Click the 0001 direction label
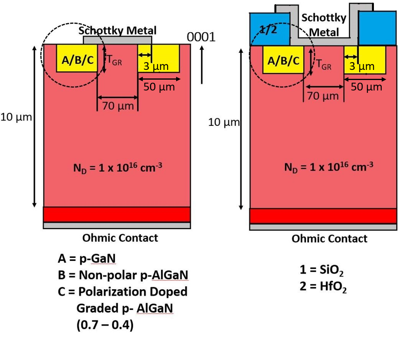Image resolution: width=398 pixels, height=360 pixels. coord(201,37)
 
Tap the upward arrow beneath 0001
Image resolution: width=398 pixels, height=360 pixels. coord(202,65)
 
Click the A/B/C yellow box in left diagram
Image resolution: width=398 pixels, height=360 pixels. coord(77,58)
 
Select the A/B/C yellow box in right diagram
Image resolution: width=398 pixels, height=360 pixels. coord(283,60)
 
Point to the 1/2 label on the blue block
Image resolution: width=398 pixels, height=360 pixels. coord(268,30)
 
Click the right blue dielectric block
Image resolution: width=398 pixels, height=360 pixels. coord(377,28)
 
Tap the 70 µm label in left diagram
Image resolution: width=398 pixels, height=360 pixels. coord(118,106)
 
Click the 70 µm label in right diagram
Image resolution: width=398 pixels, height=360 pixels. coord(323,96)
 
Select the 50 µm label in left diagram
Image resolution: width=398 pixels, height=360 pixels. coord(159,87)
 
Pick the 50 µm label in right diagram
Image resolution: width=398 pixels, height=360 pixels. coord(367,87)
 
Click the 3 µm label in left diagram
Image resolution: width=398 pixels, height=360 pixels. coord(156,66)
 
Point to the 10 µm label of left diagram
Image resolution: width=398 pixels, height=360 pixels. coord(16,117)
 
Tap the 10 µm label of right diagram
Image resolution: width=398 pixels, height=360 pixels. coord(224,122)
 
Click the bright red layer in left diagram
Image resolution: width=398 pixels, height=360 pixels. coord(117,215)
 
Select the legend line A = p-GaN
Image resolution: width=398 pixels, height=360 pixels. coord(87,259)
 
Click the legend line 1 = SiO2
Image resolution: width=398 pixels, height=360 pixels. coord(321,270)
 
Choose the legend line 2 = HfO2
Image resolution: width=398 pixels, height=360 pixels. coord(323,287)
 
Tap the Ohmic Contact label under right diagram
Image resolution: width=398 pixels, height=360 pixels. coord(329,239)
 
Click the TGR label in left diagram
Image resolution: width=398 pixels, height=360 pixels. coord(114,61)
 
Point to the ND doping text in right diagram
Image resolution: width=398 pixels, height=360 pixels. coord(329,167)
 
